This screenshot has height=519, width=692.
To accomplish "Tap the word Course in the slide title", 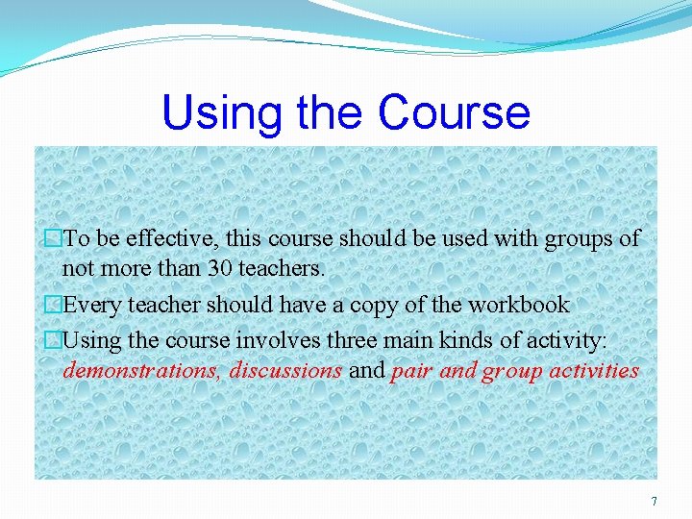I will click(x=454, y=112).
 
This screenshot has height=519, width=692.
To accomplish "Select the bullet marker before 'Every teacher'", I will click(x=53, y=306).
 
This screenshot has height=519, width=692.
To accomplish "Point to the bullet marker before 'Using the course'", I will click(x=53, y=339).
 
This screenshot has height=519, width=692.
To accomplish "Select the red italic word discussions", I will click(x=286, y=371).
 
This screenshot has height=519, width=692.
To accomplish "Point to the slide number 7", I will click(x=655, y=501).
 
